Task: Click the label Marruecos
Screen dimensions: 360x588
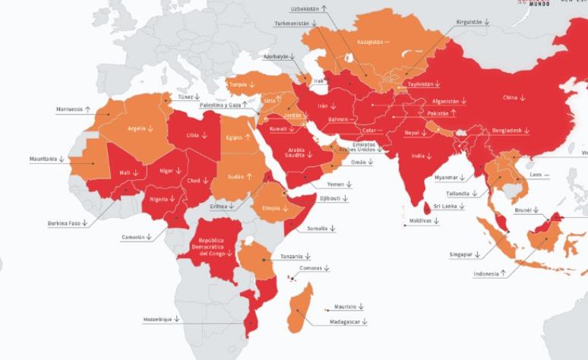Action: click(68, 109)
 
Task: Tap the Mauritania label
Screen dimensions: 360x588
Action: click(44, 159)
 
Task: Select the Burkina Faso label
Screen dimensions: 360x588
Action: click(60, 223)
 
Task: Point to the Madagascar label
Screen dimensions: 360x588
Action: click(340, 322)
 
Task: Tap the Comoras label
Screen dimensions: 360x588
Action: click(311, 268)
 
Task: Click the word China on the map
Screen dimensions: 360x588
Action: click(510, 97)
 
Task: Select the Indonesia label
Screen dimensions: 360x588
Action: click(486, 273)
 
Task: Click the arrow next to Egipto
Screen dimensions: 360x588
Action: click(248, 138)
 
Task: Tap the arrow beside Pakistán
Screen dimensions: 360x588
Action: click(454, 113)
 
